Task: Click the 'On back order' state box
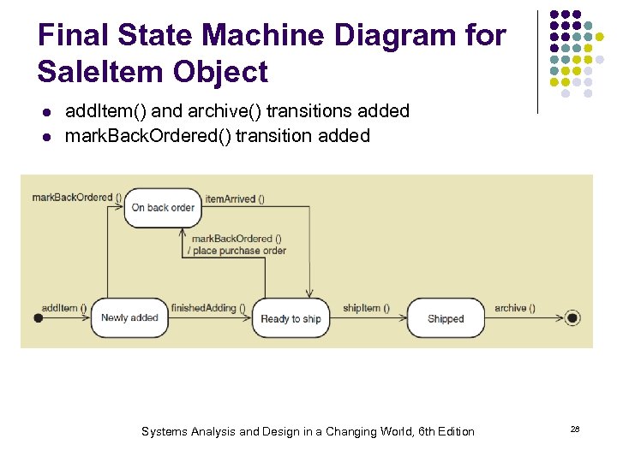(163, 208)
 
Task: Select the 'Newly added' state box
(129, 317)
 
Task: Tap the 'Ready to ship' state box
(291, 318)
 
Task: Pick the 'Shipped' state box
(446, 318)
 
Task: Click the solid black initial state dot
(38, 318)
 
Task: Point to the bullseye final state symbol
(573, 318)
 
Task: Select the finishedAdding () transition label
(208, 308)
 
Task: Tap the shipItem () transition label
(366, 308)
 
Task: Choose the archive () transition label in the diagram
(515, 308)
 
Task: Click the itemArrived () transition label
(234, 198)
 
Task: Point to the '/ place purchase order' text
(239, 251)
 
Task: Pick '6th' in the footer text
(415, 431)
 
